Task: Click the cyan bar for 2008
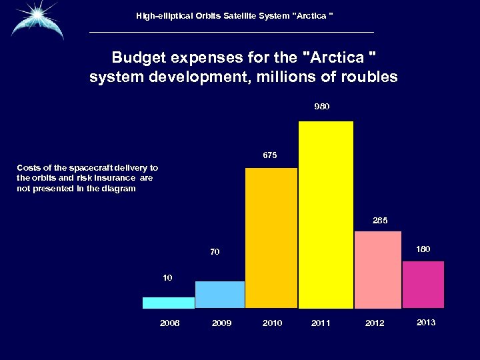pyautogui.click(x=169, y=303)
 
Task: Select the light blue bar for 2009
pyautogui.click(x=220, y=295)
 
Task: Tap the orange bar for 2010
pyautogui.click(x=271, y=238)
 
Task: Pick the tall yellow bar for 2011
pyautogui.click(x=326, y=215)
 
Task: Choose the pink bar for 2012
pyautogui.click(x=378, y=270)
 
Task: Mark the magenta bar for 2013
pyautogui.click(x=423, y=285)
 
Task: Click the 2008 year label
pyautogui.click(x=170, y=323)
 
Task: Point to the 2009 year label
pyautogui.click(x=221, y=323)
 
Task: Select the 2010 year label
pyautogui.click(x=272, y=323)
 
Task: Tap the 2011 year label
pyautogui.click(x=321, y=323)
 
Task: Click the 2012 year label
pyautogui.click(x=375, y=323)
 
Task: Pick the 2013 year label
pyautogui.click(x=426, y=323)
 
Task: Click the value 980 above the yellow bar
pyautogui.click(x=322, y=107)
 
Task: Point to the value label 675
pyautogui.click(x=270, y=155)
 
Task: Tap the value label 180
pyautogui.click(x=423, y=249)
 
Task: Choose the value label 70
pyautogui.click(x=215, y=252)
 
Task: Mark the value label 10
pyautogui.click(x=167, y=277)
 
